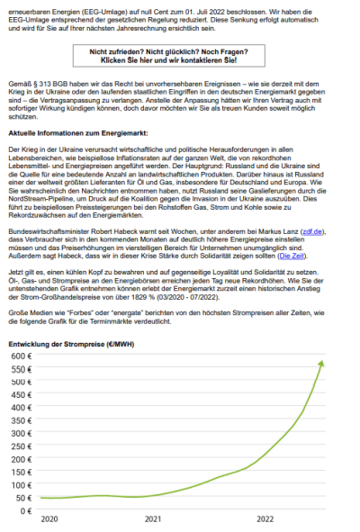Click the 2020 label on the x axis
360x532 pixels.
[x=49, y=519]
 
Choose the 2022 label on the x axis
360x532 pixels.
[x=265, y=519]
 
